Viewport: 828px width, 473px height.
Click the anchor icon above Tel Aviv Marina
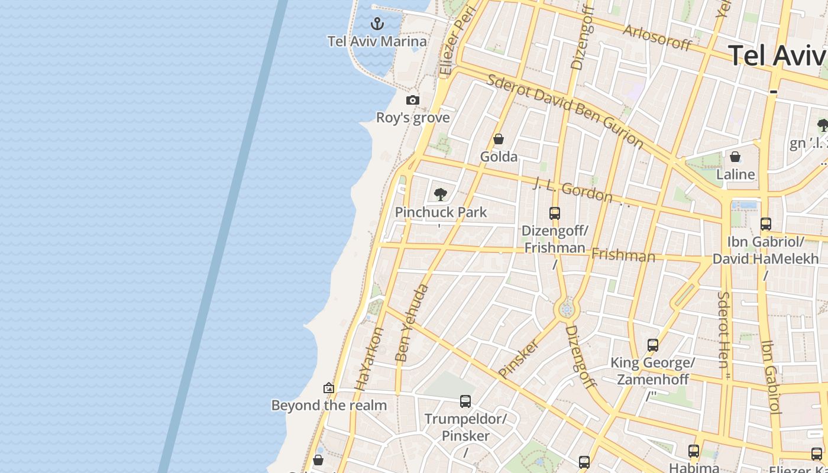tap(377, 24)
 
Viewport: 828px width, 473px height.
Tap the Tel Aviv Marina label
tap(377, 41)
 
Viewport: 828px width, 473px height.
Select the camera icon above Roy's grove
tap(413, 101)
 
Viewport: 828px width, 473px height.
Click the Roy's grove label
tap(413, 118)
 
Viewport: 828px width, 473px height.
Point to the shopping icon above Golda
tap(499, 140)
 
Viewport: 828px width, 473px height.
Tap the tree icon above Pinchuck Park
tap(440, 194)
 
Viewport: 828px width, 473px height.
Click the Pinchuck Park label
tap(441, 212)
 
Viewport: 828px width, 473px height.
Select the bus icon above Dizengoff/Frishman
tap(555, 213)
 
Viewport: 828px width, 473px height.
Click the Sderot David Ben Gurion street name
tap(565, 111)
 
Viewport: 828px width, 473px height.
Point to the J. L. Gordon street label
tap(573, 189)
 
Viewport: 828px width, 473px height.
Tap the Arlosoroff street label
tap(656, 37)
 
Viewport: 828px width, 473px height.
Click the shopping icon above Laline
tap(735, 157)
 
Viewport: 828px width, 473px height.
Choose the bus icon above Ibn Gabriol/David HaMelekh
tap(766, 224)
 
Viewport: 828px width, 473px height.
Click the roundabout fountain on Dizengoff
tap(567, 309)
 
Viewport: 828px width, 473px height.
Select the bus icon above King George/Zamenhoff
tap(653, 345)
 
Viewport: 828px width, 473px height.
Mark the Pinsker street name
tap(519, 358)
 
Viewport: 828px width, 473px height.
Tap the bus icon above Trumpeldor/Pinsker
tap(465, 402)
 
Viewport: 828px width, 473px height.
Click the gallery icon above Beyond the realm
tap(329, 388)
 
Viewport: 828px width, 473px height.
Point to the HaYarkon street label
tap(369, 359)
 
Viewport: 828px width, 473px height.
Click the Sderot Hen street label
tap(723, 329)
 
